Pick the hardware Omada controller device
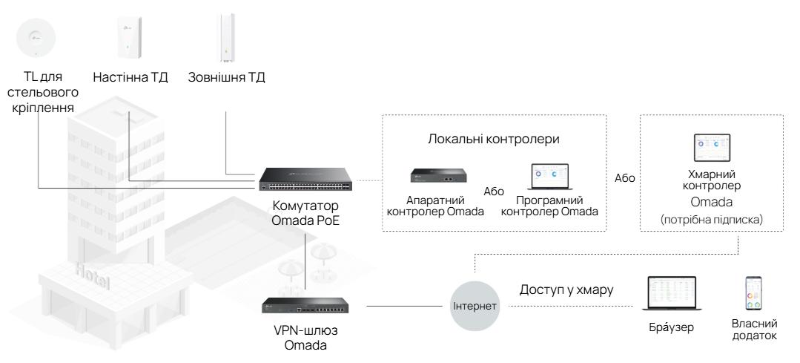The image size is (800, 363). [x=436, y=177]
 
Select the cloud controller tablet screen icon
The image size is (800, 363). [x=711, y=148]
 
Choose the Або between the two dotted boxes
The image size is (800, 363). [x=623, y=179]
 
